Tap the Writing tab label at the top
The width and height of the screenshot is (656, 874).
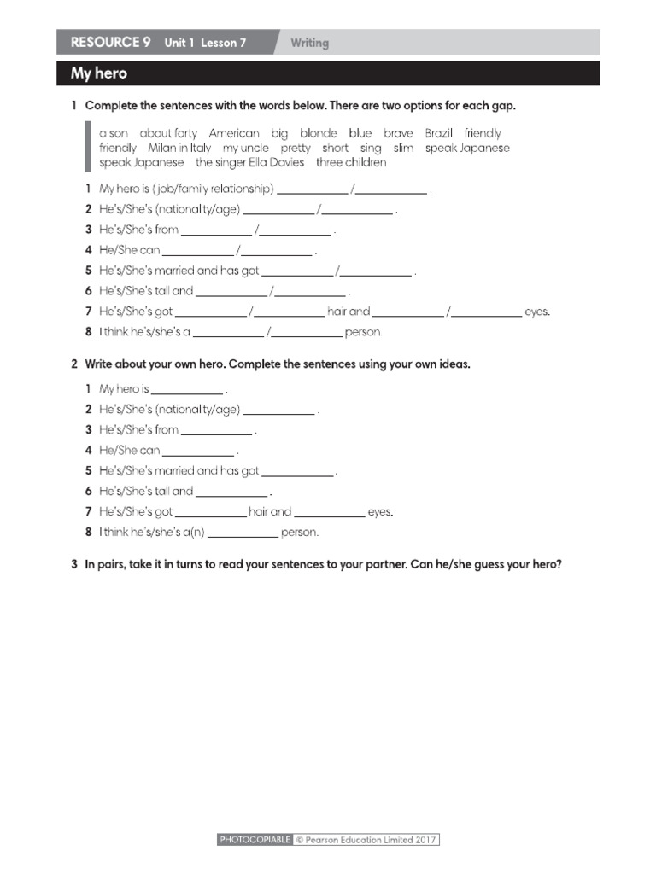click(x=309, y=43)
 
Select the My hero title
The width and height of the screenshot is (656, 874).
click(x=98, y=73)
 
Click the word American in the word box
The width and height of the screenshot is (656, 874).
click(x=233, y=133)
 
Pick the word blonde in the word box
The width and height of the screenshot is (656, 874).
click(x=319, y=133)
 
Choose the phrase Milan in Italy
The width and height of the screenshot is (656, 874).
click(x=179, y=148)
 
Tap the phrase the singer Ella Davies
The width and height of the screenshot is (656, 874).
click(x=249, y=162)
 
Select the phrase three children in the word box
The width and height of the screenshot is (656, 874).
click(x=351, y=162)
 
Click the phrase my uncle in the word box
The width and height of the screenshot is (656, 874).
click(x=245, y=148)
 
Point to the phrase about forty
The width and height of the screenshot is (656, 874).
click(x=168, y=133)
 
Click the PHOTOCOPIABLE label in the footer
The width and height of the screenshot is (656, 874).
click(x=255, y=840)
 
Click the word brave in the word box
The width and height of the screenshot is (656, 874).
click(x=398, y=133)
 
